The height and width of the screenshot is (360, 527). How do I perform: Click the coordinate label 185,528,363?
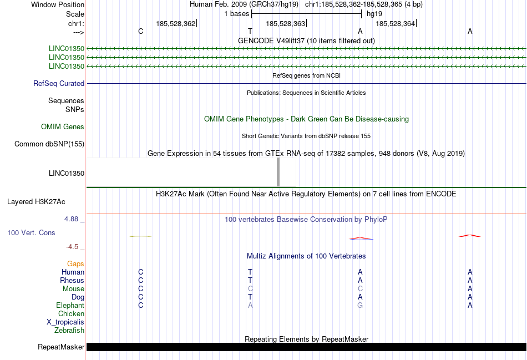click(x=285, y=23)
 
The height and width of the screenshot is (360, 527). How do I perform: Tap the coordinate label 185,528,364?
click(x=395, y=23)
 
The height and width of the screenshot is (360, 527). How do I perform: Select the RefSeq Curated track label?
click(x=59, y=84)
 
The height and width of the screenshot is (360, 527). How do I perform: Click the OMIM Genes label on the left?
click(x=63, y=127)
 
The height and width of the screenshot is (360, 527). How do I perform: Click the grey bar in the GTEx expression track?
click(x=278, y=172)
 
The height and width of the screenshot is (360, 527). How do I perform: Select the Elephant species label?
click(x=70, y=306)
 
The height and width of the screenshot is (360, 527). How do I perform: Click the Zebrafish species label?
click(x=69, y=331)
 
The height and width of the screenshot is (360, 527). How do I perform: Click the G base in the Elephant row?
click(x=360, y=306)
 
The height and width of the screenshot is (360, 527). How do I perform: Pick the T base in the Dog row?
click(x=250, y=297)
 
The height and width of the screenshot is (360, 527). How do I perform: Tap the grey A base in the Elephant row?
click(x=250, y=306)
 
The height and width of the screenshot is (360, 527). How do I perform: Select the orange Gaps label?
click(x=75, y=264)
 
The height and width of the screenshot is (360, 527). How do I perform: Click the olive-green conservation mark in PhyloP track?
click(x=140, y=236)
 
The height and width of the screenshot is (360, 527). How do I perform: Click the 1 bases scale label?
click(x=237, y=14)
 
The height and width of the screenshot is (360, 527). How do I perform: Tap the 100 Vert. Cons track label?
click(x=32, y=233)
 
